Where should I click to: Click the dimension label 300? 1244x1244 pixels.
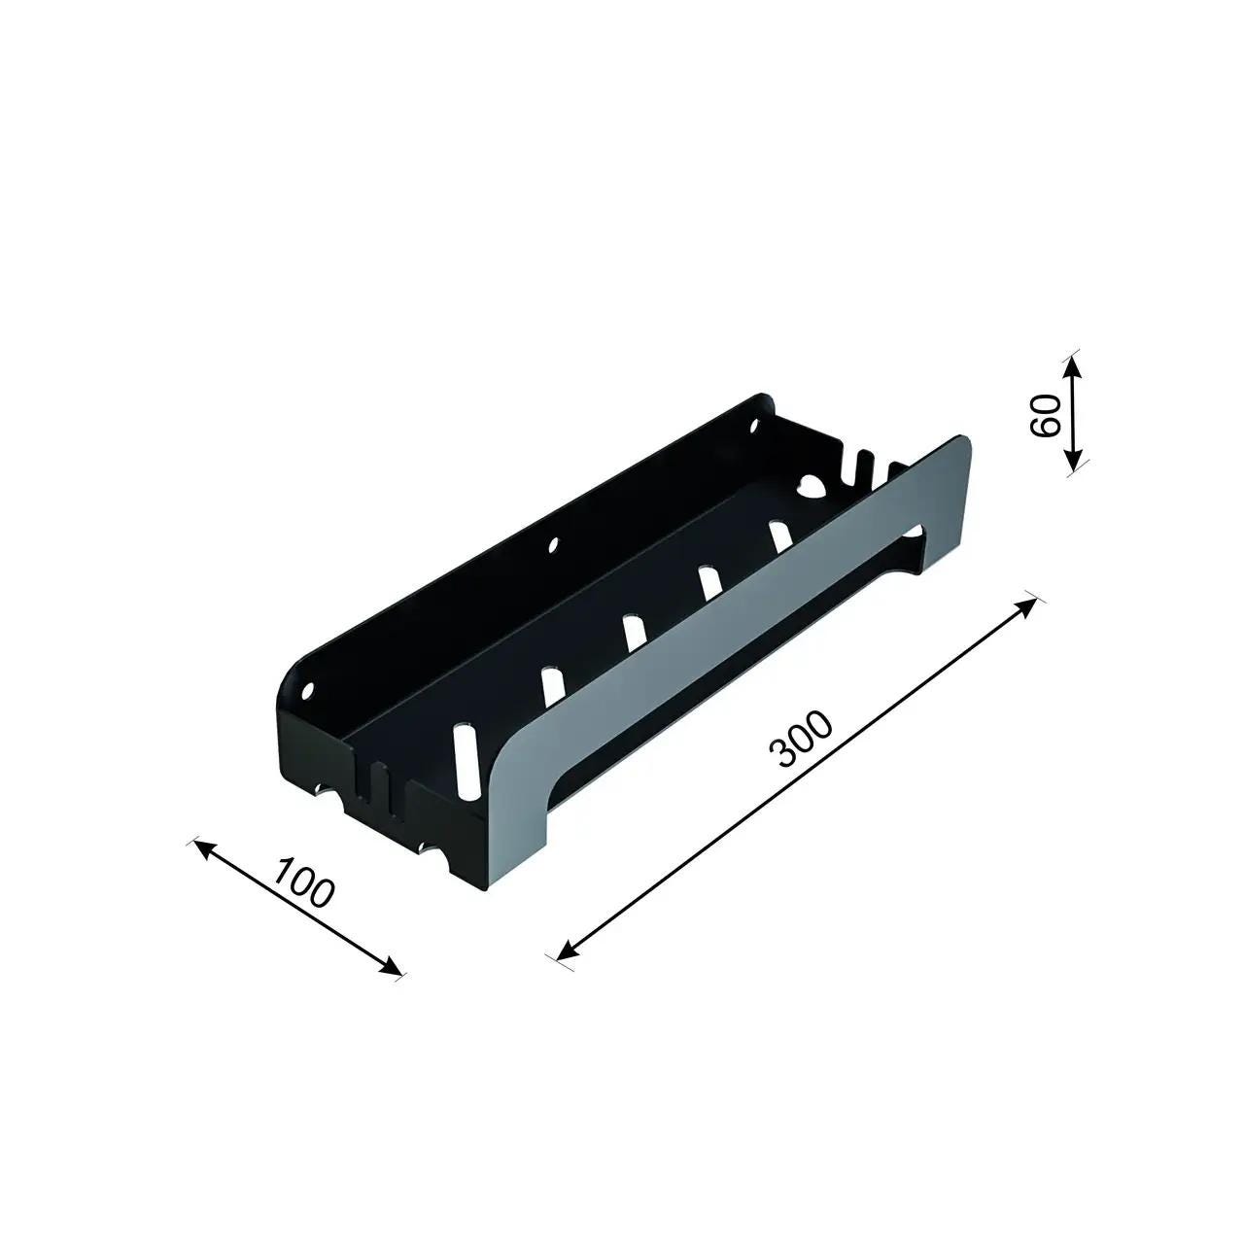801,740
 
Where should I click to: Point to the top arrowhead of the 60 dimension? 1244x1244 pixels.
1071,362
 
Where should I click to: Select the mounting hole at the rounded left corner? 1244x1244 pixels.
309,691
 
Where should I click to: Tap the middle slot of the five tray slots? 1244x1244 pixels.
633,632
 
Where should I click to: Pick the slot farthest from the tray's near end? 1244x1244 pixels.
778,536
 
